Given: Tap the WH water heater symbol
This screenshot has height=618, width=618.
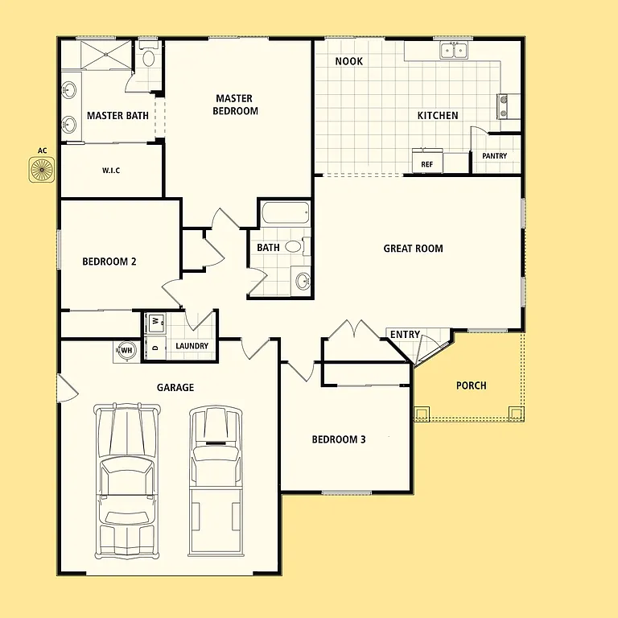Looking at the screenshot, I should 126,350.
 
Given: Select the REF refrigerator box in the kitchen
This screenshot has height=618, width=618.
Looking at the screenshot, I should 426,164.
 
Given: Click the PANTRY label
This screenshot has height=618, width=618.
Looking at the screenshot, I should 494,156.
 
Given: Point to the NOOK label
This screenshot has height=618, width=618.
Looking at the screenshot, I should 348,61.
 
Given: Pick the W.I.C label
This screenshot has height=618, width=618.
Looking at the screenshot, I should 111,171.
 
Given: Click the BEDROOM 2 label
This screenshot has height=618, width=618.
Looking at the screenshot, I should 109,262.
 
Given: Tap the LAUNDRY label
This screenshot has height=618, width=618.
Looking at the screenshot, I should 192,346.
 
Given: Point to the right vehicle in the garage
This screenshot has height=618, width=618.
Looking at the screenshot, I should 215,480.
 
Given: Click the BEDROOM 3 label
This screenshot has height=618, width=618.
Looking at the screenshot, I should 339,439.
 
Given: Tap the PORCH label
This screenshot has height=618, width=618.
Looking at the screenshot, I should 471,385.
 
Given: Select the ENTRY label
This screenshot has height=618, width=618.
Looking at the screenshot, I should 405,335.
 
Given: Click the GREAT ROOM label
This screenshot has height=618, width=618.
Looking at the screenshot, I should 413,249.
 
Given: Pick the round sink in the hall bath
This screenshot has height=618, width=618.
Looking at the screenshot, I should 303,281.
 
